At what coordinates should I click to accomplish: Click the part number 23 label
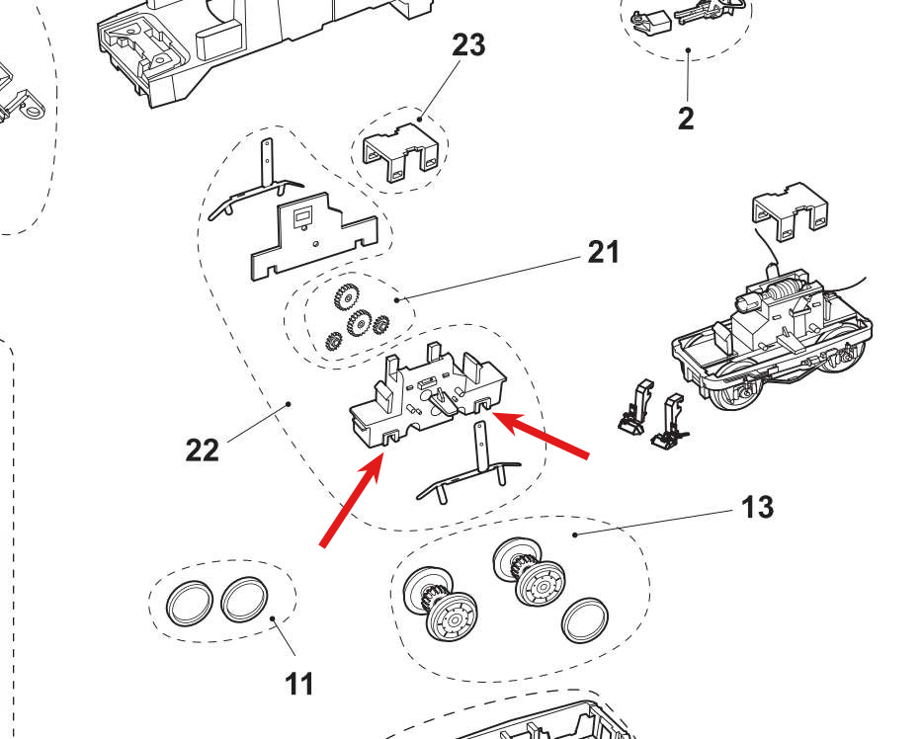coord(468,45)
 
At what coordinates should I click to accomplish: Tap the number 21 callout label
coord(603,252)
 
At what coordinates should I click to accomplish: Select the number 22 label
coord(202,450)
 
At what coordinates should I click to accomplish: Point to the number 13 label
coord(756,507)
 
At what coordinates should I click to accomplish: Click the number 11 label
coord(298,682)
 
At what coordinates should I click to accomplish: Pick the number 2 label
coord(686,119)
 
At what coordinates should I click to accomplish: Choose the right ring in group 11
coord(244,599)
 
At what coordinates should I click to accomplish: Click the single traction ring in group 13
coord(583,620)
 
